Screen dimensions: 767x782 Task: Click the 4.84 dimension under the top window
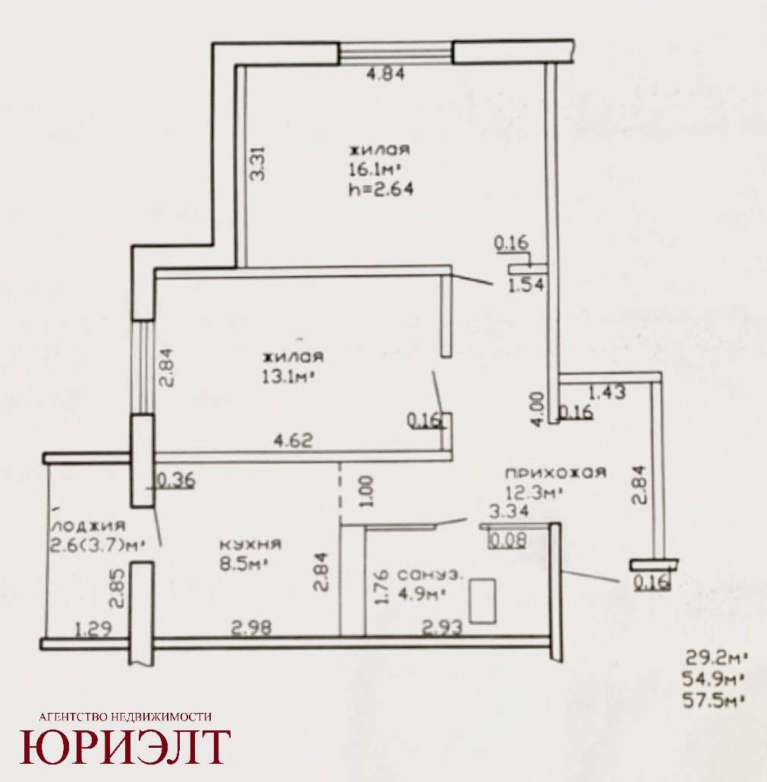click(385, 74)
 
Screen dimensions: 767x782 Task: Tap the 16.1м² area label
click(375, 169)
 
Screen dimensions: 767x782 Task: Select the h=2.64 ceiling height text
click(382, 190)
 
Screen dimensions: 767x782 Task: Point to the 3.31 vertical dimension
click(258, 163)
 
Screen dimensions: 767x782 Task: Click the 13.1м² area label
click(288, 377)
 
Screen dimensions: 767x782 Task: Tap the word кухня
click(250, 544)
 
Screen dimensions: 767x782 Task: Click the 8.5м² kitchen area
click(244, 564)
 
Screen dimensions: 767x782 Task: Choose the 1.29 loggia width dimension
click(93, 629)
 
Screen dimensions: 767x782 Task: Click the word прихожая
click(555, 472)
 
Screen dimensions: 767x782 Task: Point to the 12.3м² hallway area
click(534, 493)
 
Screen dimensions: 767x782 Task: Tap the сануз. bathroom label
click(430, 574)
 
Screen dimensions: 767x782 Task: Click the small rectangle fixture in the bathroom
click(483, 601)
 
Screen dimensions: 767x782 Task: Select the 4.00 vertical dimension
click(537, 409)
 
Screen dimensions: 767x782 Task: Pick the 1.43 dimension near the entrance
click(606, 392)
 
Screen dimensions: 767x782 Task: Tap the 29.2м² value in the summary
click(716, 657)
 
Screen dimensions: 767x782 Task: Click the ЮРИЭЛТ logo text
click(125, 748)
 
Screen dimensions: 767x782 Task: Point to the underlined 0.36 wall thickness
click(176, 481)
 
